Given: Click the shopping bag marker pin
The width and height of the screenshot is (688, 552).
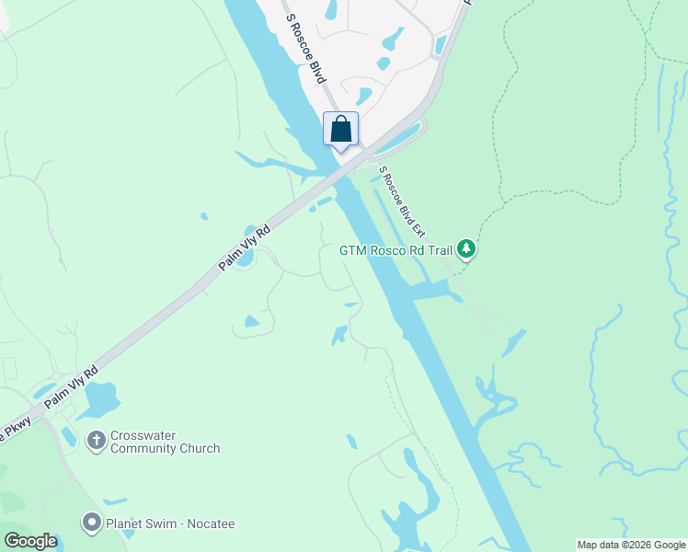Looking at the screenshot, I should (x=340, y=130).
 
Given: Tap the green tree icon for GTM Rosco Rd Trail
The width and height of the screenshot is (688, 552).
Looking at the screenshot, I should (x=467, y=249).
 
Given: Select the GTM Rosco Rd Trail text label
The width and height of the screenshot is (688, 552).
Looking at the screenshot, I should (x=397, y=250).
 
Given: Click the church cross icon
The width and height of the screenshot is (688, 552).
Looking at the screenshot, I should (x=96, y=442).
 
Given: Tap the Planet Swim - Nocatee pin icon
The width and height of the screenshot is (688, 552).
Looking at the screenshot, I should (x=91, y=523).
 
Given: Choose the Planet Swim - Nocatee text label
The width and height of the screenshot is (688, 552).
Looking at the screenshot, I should (x=169, y=524).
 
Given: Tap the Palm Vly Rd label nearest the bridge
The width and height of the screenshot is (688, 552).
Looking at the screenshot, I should (x=245, y=248).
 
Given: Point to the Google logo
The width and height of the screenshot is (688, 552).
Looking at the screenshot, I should (x=30, y=541).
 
